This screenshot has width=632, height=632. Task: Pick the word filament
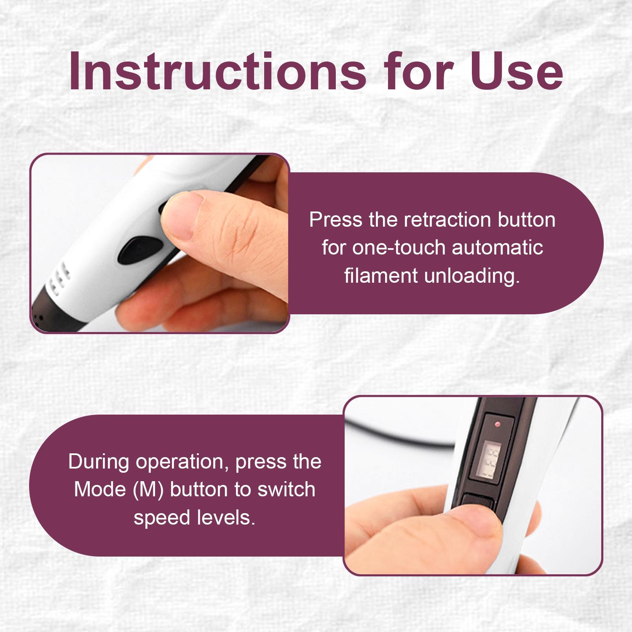tap(381, 276)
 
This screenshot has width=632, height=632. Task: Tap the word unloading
tap(472, 276)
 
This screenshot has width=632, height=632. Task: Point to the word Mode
tap(100, 490)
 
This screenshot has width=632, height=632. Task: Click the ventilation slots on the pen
tap(58, 279)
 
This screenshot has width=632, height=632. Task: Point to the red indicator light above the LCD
tap(498, 423)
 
